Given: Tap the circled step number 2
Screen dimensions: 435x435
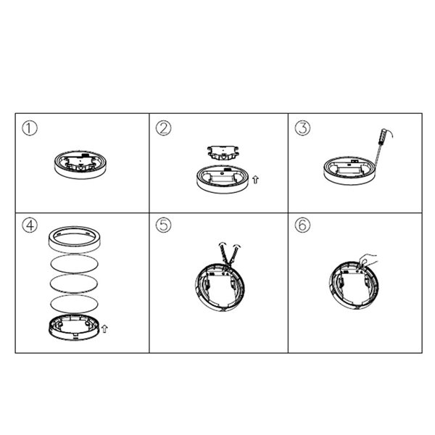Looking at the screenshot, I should (x=164, y=129).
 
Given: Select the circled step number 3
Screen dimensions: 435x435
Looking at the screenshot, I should (x=302, y=129).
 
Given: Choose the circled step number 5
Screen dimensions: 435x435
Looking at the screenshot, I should (x=164, y=225).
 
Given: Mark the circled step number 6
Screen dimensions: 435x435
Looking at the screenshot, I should (x=302, y=225).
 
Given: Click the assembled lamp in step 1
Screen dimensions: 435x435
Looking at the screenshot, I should (x=80, y=163).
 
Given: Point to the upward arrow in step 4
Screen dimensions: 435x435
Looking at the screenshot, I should (x=106, y=329).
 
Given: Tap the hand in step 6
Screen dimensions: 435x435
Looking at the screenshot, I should (x=368, y=259).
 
